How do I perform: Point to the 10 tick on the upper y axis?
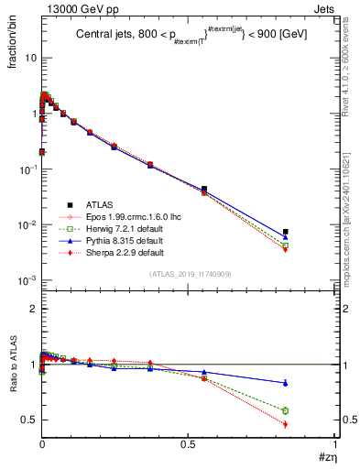pyautogui.click(x=29, y=58)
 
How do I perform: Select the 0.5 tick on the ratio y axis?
pyautogui.click(x=29, y=420)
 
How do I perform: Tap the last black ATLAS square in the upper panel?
pyautogui.click(x=286, y=232)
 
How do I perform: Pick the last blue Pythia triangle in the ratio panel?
pyautogui.click(x=286, y=383)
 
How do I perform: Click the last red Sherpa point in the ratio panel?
pyautogui.click(x=286, y=424)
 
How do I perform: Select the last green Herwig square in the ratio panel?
pyautogui.click(x=286, y=410)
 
